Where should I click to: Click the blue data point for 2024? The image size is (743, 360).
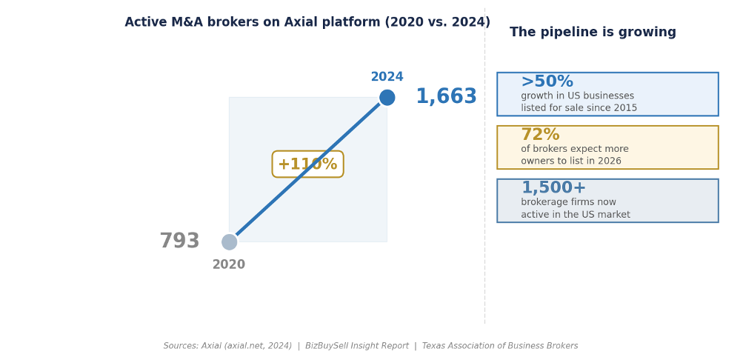(387, 98)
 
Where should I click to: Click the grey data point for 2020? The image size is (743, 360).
(229, 242)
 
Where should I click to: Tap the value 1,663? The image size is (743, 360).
(446, 97)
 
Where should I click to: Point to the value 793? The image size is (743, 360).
(179, 241)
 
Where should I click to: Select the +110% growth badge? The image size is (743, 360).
(307, 164)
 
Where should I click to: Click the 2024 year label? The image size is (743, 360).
(387, 77)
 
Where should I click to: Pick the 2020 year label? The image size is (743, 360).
(228, 264)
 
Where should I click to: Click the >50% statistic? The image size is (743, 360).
(547, 81)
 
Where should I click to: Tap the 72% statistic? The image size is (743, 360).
(540, 135)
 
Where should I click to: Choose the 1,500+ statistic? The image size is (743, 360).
(553, 188)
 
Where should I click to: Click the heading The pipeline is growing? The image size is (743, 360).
(593, 33)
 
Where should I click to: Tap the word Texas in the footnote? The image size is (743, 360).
(433, 346)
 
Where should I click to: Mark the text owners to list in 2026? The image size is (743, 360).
(570, 161)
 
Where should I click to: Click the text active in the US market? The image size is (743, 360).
(575, 215)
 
